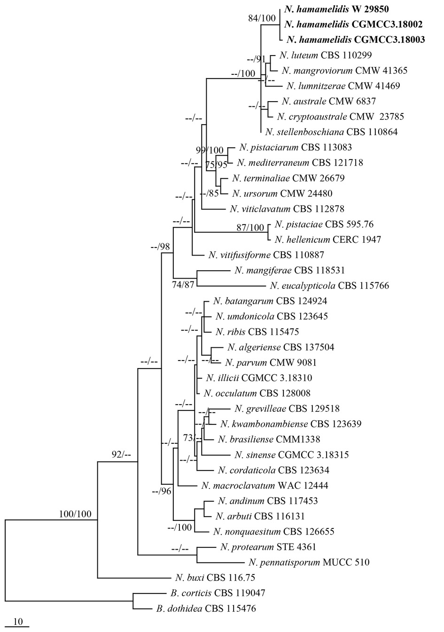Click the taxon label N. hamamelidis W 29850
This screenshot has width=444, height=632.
point(336,9)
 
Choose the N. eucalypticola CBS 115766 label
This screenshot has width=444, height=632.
point(329,286)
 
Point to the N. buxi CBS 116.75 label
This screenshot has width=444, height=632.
point(214,577)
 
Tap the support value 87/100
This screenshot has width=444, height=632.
point(250,228)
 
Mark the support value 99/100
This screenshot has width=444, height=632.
point(210,151)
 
